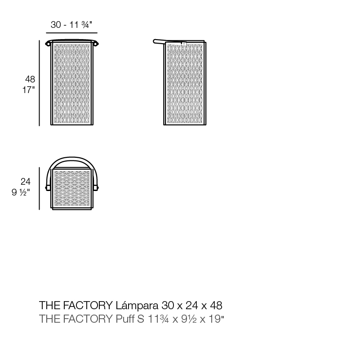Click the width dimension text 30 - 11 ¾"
click(71, 25)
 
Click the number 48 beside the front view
click(30, 80)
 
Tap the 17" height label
click(28, 89)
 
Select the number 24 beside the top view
click(26, 182)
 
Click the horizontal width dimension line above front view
click(71, 33)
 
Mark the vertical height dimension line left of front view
click(40, 83)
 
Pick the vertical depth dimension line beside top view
click(40, 188)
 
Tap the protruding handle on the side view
click(159, 42)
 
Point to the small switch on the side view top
click(183, 44)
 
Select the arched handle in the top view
click(72, 160)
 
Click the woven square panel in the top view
click(72, 189)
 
